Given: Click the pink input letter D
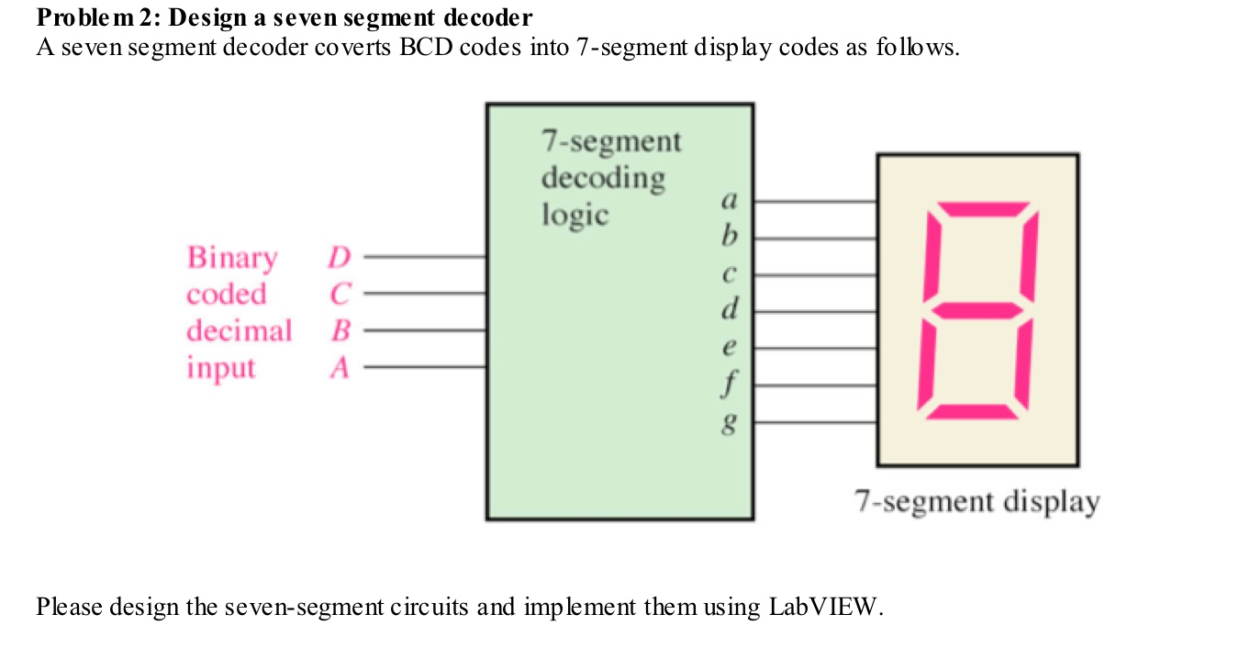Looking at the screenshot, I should tap(340, 258).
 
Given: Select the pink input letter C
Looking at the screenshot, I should tap(340, 295).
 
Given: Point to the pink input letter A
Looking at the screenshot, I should tap(340, 368).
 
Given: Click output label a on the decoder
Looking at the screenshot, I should tap(730, 199).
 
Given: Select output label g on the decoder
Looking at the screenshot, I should tap(730, 425).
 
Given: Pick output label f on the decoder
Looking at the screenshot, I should tap(730, 385).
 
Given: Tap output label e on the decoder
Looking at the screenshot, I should tap(730, 349).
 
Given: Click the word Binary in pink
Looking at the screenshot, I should tap(231, 259).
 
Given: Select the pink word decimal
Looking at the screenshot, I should tap(239, 330).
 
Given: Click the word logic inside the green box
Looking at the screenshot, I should tap(575, 215).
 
